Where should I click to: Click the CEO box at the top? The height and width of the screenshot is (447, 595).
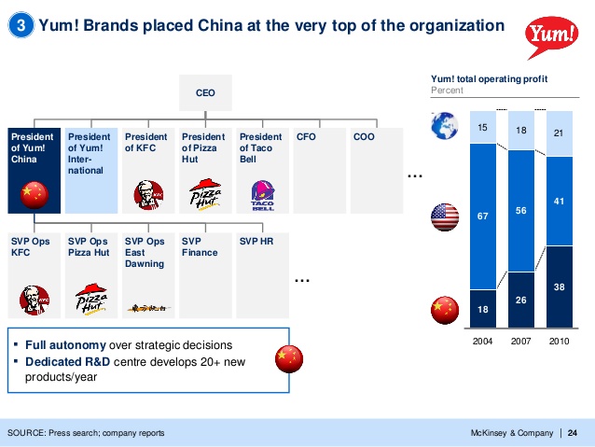click(x=205, y=93)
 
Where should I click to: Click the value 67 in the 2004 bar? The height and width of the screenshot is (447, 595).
click(x=482, y=217)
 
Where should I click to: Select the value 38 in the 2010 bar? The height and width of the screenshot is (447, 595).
click(x=559, y=288)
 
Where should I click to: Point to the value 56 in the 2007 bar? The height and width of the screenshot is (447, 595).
click(x=521, y=211)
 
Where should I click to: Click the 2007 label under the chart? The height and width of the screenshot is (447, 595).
click(x=521, y=342)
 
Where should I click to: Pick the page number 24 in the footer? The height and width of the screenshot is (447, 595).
click(x=573, y=432)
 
